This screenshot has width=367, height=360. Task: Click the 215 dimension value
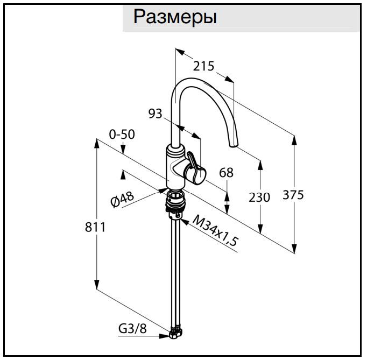point(204,66)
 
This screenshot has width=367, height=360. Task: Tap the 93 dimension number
point(156,114)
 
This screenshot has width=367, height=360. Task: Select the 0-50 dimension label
point(122,134)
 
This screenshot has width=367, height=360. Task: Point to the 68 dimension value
point(227,173)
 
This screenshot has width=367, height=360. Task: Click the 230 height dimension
point(259,197)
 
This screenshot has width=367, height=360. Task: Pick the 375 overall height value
point(293,194)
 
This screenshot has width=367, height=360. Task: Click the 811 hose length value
point(95,227)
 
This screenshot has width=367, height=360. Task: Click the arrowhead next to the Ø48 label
point(162,189)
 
